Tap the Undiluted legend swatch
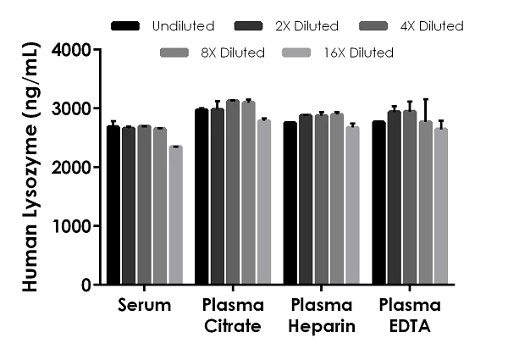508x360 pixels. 124,26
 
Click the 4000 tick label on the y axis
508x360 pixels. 71,50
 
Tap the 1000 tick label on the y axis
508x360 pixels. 71,226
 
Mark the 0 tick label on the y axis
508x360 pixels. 86,285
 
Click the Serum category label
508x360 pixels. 144,305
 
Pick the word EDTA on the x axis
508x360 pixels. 410,323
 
